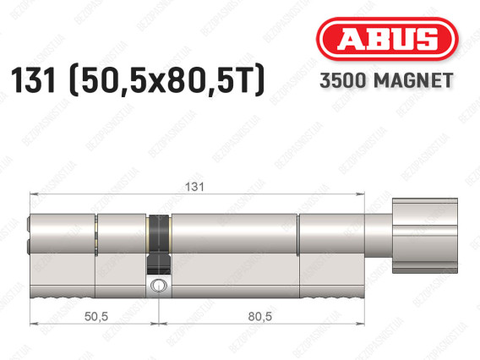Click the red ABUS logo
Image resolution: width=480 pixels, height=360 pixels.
[387, 39]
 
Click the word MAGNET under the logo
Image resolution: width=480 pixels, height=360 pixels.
[413, 80]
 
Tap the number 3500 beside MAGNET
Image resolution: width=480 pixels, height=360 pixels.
[343, 80]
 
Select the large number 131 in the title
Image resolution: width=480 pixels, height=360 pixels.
[33, 80]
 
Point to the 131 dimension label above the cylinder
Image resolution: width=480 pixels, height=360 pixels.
[194, 187]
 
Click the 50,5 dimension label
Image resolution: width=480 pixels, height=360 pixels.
[96, 316]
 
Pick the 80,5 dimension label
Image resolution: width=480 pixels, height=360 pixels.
[260, 316]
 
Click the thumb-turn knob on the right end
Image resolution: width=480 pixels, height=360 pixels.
[425, 236]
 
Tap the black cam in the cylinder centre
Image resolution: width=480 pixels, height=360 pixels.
[159, 244]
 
